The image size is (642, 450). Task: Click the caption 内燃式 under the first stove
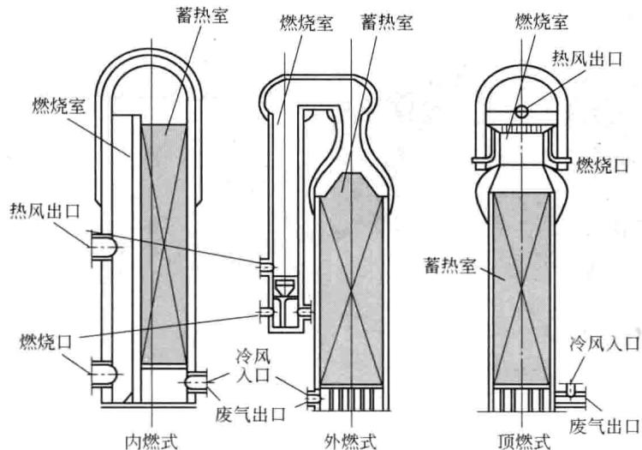[151, 441]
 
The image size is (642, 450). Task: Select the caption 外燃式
[350, 441]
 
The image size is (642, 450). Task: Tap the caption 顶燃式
[525, 441]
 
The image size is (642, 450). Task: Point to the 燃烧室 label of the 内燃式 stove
[59, 105]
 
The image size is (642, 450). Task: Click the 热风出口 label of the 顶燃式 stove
[586, 58]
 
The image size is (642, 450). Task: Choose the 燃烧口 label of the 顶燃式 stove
[602, 165]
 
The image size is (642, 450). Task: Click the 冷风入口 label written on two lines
[253, 366]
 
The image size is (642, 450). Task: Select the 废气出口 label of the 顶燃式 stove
[604, 426]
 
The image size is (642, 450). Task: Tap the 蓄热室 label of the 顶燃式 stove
[450, 266]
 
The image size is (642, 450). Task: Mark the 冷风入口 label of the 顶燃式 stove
[604, 344]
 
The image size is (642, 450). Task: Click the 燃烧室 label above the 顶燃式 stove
[542, 21]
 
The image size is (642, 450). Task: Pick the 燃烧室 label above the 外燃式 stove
[306, 23]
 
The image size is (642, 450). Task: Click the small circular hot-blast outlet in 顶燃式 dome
[521, 111]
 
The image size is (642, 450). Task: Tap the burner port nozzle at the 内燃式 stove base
[104, 375]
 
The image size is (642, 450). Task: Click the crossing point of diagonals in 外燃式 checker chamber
[351, 293]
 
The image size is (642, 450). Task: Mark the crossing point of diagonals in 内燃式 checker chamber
[163, 244]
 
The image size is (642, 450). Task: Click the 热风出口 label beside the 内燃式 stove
[45, 213]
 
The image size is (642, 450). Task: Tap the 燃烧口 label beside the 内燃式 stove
[46, 342]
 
